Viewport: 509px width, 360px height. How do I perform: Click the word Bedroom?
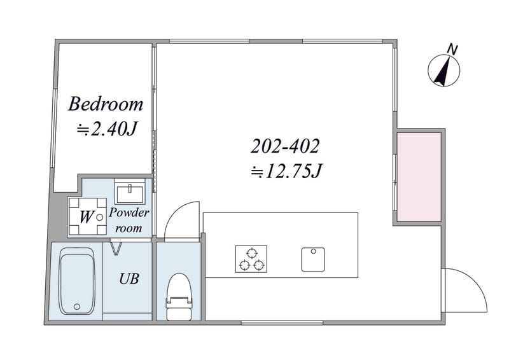(106, 104)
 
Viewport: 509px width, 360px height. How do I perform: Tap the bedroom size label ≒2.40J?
(106, 130)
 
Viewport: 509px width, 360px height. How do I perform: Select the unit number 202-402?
(285, 146)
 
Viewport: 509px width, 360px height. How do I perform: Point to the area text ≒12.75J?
(286, 171)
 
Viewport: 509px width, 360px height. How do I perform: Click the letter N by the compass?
(452, 50)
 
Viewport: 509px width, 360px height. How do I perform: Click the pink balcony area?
(419, 177)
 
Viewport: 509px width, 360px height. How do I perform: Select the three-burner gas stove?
(251, 259)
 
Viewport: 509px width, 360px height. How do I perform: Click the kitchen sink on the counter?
(313, 260)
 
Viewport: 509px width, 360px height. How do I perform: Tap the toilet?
(179, 296)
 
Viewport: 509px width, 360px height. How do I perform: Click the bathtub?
(76, 280)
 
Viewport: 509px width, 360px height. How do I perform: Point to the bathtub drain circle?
(77, 307)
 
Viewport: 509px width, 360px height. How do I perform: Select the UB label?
(129, 279)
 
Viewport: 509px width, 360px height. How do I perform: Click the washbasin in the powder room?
(130, 191)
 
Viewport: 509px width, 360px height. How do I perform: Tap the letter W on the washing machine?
(86, 217)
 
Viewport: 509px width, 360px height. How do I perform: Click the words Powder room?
(129, 221)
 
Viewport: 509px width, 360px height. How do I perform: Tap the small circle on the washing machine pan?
(100, 216)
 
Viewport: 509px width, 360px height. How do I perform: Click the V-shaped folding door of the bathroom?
(116, 248)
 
